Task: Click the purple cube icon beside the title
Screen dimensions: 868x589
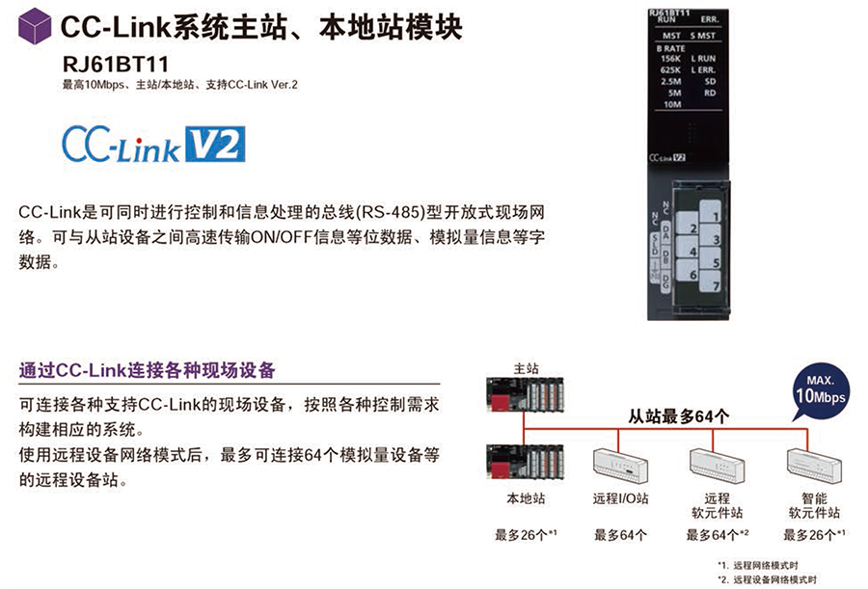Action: click(x=35, y=26)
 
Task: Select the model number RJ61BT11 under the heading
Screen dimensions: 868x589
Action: click(x=116, y=65)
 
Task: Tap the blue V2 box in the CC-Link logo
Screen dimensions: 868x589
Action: click(x=215, y=144)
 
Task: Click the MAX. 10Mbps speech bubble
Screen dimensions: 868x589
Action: click(x=820, y=391)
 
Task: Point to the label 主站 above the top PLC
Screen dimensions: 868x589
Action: click(x=526, y=368)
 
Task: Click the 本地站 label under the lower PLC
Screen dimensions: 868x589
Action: click(x=526, y=498)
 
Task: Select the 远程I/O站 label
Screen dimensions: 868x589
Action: click(x=620, y=498)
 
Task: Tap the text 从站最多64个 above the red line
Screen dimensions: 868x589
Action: click(x=678, y=416)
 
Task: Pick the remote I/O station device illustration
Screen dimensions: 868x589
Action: click(x=620, y=464)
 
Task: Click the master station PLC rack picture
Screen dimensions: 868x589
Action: click(x=525, y=394)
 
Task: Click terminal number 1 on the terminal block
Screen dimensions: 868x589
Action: click(x=710, y=211)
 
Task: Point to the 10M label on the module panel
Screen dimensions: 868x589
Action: click(x=672, y=104)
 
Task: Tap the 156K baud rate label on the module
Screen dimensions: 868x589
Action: click(x=670, y=58)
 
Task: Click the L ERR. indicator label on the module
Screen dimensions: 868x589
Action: click(x=703, y=69)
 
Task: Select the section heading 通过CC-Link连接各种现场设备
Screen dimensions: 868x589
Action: click(x=148, y=370)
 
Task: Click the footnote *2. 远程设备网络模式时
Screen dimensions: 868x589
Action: click(x=767, y=579)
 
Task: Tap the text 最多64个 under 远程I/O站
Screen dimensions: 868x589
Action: click(x=620, y=535)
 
